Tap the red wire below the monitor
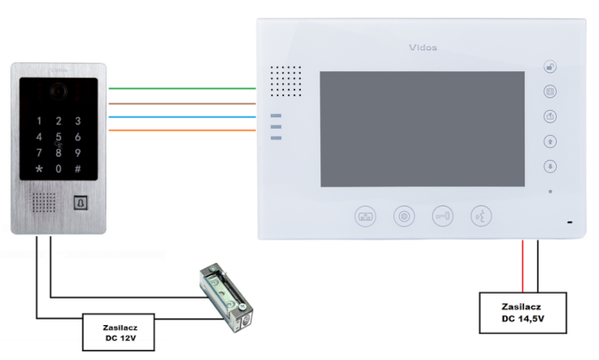523,266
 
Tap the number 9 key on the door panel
78,152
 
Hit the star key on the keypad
37,169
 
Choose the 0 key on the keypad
57,169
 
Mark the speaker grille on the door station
43,202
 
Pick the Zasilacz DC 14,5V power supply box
521,312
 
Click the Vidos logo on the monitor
420,48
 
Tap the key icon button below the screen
443,216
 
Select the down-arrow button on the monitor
550,166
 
